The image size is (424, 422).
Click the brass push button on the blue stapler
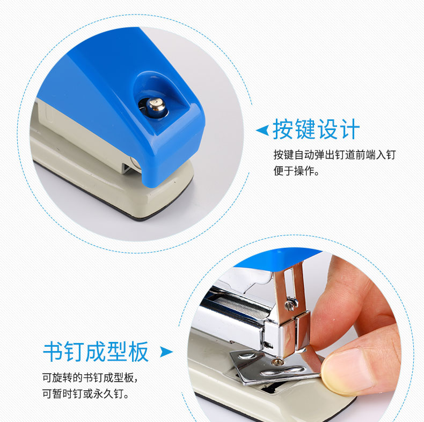156,106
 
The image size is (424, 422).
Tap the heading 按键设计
316,129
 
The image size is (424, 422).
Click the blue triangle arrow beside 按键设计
262,130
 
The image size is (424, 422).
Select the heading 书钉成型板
96,352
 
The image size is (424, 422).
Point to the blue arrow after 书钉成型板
166,352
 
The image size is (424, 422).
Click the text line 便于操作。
296,171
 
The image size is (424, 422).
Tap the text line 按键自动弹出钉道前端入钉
334,155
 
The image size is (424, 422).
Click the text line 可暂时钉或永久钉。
86,394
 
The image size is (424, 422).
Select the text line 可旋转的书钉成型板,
90,377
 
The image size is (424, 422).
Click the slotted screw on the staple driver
291,303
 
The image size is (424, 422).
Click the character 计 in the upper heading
349,129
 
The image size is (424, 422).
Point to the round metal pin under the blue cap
135,163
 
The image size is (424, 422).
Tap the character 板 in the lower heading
138,352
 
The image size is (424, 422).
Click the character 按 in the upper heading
283,129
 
